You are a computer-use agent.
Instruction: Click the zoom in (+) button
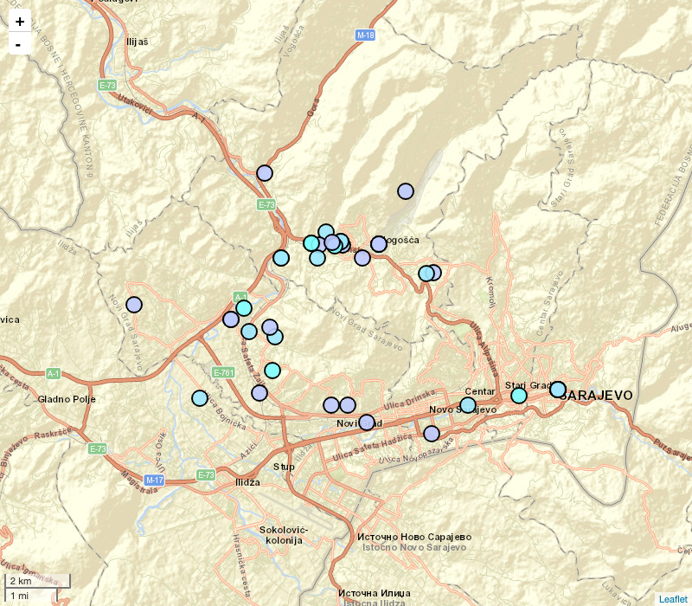coord(20,22)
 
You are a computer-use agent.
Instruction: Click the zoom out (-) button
coord(20,43)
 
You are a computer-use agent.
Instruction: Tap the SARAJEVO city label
coord(599,396)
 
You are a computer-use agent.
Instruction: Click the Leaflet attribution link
coord(673,598)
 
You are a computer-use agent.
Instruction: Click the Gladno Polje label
coord(67,399)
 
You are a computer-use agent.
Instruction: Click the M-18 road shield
coord(365,35)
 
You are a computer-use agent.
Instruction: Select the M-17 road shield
coord(155,480)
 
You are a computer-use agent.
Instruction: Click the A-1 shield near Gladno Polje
coord(54,374)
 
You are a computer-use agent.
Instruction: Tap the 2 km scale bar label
coord(21,581)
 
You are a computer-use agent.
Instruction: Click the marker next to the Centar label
coord(468,405)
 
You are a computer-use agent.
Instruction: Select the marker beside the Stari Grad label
coord(519,396)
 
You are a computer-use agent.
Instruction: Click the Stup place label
coord(284,467)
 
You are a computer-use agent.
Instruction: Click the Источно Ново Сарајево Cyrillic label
coord(414,537)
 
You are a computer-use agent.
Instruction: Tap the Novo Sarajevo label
coord(463,409)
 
